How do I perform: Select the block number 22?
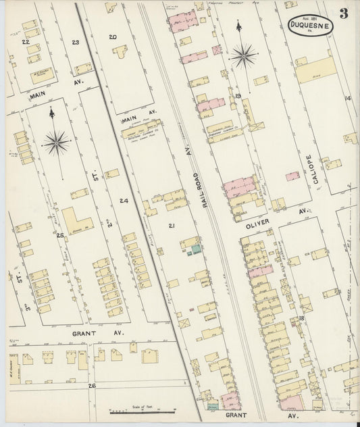[26, 42]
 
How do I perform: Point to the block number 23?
[76, 43]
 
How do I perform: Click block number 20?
[113, 37]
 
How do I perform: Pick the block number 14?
[348, 99]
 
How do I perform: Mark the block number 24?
[124, 201]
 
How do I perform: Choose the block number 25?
[60, 235]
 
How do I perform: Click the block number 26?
[92, 385]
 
